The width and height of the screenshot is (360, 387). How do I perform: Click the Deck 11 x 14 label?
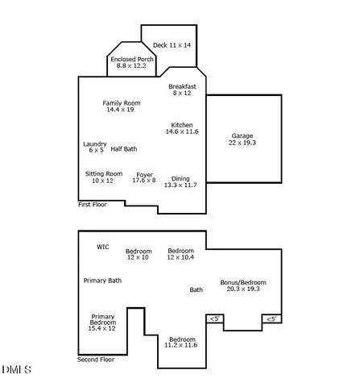172,45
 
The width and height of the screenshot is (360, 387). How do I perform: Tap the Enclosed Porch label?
131,62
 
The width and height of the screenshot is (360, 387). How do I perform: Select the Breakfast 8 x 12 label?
181,89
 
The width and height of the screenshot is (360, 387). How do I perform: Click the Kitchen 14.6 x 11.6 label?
181,127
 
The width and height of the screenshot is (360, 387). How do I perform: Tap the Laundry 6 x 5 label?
95,147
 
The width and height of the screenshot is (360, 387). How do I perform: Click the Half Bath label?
124,148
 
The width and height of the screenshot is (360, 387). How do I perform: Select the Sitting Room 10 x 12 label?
103,177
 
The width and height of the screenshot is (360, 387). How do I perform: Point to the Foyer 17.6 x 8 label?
144,177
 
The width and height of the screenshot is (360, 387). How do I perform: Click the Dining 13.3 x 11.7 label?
180,181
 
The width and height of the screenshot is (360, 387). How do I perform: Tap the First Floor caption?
92,205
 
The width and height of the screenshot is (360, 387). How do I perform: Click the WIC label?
102,247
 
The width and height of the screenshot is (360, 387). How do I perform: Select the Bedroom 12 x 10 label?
138,254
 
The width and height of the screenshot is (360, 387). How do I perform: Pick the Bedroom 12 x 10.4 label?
180,253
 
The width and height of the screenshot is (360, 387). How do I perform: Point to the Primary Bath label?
102,281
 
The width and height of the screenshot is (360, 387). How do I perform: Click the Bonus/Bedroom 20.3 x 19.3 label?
243,285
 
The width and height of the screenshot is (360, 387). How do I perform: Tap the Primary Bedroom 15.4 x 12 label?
102,322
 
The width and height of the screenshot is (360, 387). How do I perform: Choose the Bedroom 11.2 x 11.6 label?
180,342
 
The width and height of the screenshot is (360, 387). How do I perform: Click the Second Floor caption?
95,360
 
